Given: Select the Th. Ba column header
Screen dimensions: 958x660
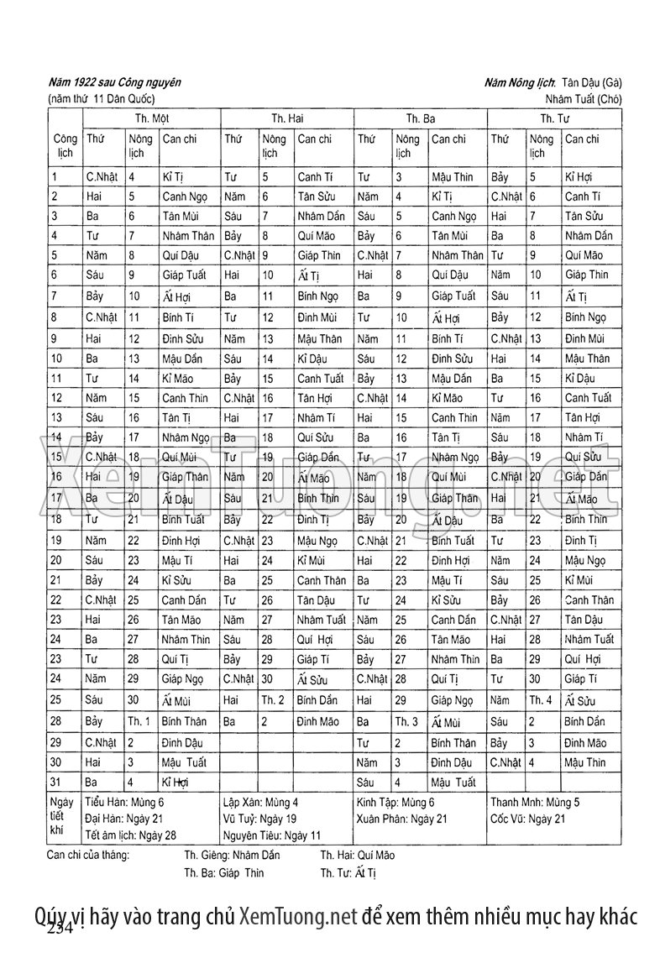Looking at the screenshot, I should coord(421,118).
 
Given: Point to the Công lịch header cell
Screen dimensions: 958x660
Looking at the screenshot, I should coord(64,145).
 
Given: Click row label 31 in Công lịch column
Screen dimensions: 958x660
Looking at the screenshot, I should coord(55,783).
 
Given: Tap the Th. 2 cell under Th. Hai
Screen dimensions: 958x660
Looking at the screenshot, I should coord(273,699).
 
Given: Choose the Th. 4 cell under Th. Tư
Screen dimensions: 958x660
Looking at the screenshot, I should coord(541,699).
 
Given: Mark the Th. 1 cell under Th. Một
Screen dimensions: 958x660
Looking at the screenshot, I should coord(139,720).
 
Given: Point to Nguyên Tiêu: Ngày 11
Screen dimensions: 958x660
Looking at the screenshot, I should coord(272,835).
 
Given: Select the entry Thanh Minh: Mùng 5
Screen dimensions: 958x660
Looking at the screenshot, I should coord(535,802).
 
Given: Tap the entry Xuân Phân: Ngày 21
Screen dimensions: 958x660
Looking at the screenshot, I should coord(401,818).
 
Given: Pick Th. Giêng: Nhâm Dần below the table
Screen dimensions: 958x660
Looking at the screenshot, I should coord(233,856).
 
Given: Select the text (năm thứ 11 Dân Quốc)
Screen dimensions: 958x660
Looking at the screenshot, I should coord(101,99).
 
